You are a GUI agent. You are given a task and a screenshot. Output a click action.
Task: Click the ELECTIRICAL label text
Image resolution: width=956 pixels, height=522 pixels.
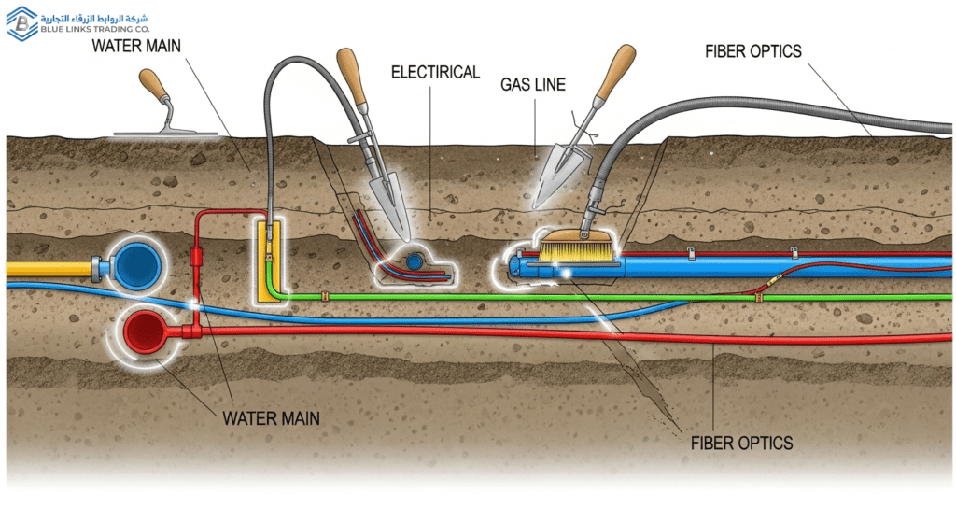point(434,72)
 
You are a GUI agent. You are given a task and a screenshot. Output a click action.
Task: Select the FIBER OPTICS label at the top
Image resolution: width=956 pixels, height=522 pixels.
point(752,51)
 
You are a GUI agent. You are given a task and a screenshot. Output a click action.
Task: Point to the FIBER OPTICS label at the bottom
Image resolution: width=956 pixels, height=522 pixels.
point(743,442)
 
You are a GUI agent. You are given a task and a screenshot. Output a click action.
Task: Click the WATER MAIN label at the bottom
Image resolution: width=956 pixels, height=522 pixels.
point(271,417)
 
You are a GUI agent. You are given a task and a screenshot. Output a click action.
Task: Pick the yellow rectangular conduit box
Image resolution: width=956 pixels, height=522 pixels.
point(267,261)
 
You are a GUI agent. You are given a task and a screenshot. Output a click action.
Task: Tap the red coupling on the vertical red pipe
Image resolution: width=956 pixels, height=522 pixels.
point(196,256)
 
